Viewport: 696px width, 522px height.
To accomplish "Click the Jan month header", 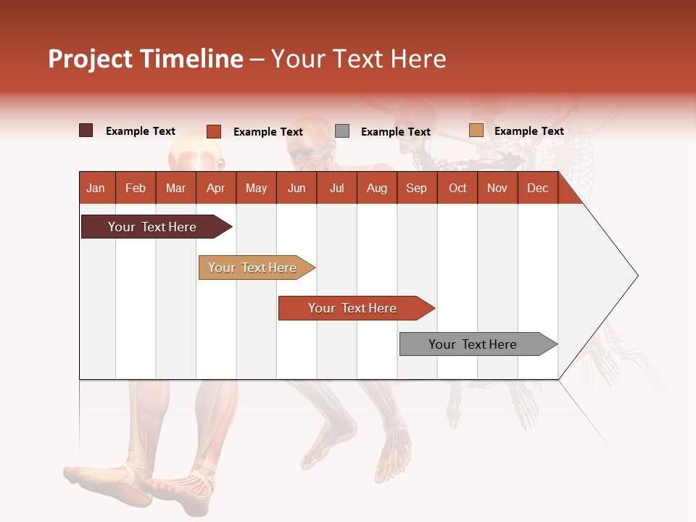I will pyautogui.click(x=96, y=188).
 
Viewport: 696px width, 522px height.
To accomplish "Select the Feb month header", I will pyautogui.click(x=136, y=188).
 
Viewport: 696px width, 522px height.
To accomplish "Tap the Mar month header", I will pyautogui.click(x=175, y=188).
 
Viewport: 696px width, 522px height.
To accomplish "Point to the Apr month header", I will pyautogui.click(x=216, y=188).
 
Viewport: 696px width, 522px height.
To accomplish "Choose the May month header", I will pyautogui.click(x=256, y=188).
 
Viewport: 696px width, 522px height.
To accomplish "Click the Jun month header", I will pyautogui.click(x=297, y=188).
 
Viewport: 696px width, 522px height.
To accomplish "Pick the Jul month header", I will pyautogui.click(x=336, y=188).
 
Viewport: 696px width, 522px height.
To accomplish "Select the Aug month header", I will pyautogui.click(x=377, y=188).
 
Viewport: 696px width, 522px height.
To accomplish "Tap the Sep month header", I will pyautogui.click(x=417, y=188).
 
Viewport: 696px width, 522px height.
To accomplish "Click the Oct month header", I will pyautogui.click(x=457, y=188).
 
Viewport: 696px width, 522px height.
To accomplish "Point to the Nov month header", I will pyautogui.click(x=497, y=188).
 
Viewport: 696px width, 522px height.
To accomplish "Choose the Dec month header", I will pyautogui.click(x=538, y=188).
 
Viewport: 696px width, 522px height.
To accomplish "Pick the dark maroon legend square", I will pyautogui.click(x=86, y=130).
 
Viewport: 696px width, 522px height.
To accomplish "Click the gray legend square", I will pyautogui.click(x=342, y=131).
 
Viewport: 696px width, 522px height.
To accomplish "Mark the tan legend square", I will pyautogui.click(x=476, y=130).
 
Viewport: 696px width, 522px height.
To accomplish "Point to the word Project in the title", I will pyautogui.click(x=91, y=59).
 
